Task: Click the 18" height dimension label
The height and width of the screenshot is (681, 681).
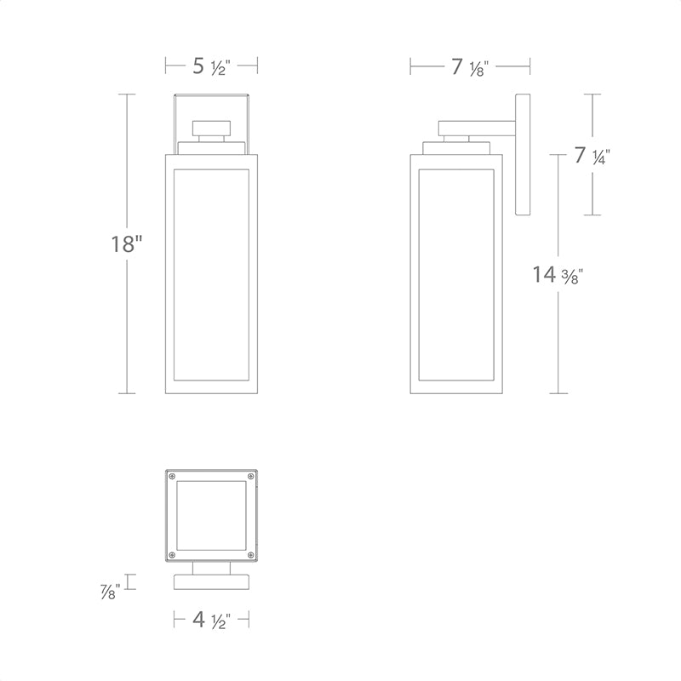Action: click(x=127, y=243)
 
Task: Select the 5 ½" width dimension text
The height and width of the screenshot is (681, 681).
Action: click(x=211, y=67)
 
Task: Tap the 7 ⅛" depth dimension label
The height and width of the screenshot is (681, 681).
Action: click(x=470, y=68)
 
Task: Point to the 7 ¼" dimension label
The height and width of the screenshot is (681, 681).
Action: click(x=592, y=156)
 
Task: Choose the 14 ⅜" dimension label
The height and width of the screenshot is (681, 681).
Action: click(x=558, y=275)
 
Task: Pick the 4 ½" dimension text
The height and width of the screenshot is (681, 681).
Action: click(x=211, y=620)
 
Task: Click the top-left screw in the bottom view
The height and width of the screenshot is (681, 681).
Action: click(x=173, y=477)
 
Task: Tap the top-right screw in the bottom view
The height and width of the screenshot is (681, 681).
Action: click(x=250, y=477)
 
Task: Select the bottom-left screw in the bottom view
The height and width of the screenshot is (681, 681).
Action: click(x=173, y=555)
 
